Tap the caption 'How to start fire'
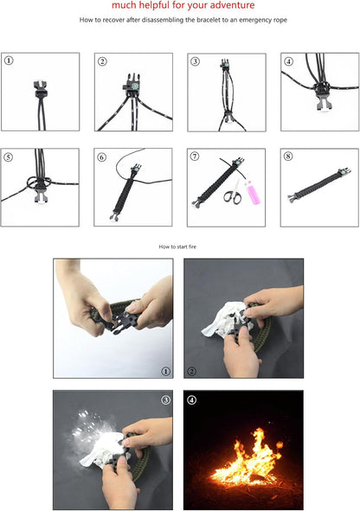[x=179, y=247]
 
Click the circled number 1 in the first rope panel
[x=9, y=61]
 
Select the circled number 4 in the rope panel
[x=289, y=61]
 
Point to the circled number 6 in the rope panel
[x=102, y=156]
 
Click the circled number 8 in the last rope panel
[x=289, y=156]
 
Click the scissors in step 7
[x=232, y=195]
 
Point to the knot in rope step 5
[x=31, y=182]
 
